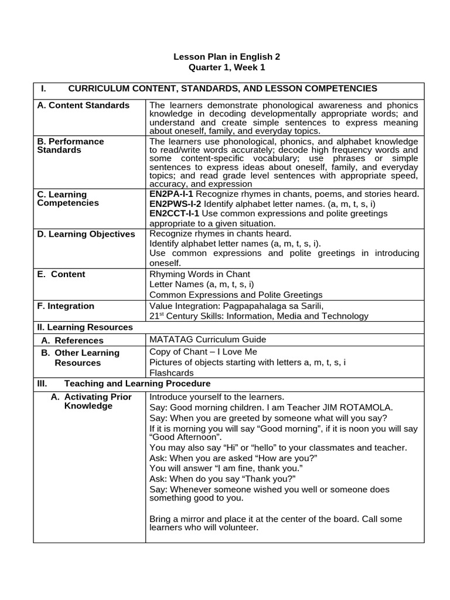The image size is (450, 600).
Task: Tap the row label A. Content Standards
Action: click(83, 105)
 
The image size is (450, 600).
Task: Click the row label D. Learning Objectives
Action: click(86, 234)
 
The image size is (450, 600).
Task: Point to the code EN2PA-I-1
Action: click(172, 194)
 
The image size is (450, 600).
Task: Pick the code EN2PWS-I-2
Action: click(175, 203)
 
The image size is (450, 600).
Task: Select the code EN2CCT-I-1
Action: click(174, 213)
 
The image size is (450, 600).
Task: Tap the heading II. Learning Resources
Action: click(85, 327)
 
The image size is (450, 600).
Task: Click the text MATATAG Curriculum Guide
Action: click(207, 340)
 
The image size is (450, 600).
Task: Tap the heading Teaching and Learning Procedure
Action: click(137, 384)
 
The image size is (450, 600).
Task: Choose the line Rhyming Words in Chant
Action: click(199, 274)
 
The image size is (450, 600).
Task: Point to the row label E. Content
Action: click(61, 274)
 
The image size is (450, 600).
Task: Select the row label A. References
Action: click(72, 340)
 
